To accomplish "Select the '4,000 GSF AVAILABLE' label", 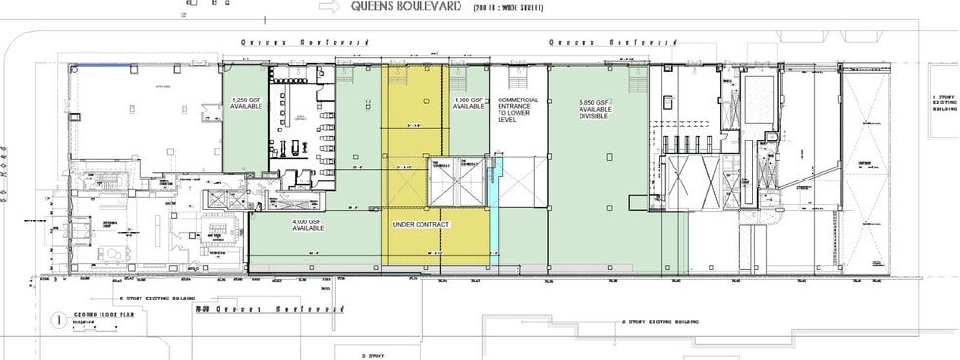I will [307, 226].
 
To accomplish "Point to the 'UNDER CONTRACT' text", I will [420, 225].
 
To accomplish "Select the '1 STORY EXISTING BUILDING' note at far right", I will [944, 102].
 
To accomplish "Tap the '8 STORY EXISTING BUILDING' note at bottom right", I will [662, 320].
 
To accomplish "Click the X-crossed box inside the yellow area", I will [457, 181].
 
